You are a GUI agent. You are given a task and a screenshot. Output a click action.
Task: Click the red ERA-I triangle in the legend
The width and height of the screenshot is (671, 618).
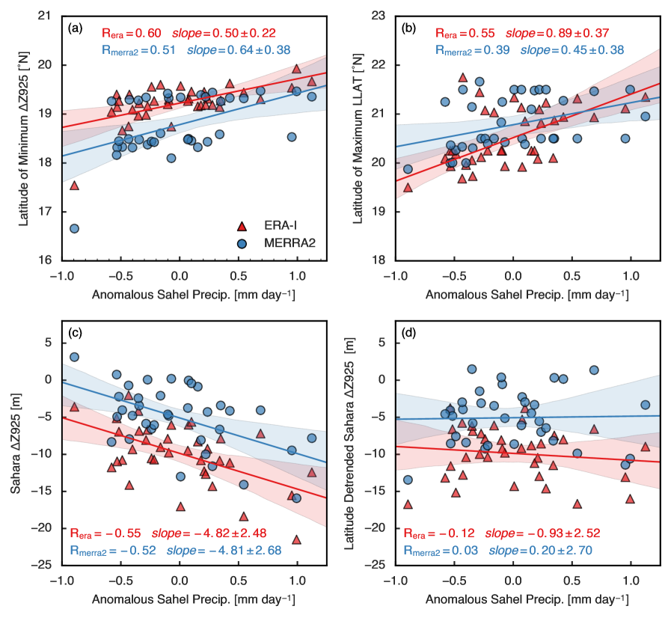242,225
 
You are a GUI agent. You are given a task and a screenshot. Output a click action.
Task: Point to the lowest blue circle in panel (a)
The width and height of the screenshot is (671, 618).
74,228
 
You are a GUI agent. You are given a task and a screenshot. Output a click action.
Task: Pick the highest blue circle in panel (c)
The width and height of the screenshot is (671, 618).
74,357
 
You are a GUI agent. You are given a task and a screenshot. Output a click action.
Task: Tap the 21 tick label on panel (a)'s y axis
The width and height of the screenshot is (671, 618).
46,16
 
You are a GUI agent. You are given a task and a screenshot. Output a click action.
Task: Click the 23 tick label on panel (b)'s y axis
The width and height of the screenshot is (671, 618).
379,16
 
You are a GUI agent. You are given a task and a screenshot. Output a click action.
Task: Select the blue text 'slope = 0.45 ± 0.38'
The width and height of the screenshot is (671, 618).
572,50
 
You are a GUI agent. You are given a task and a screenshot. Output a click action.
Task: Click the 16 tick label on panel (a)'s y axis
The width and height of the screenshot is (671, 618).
46,260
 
